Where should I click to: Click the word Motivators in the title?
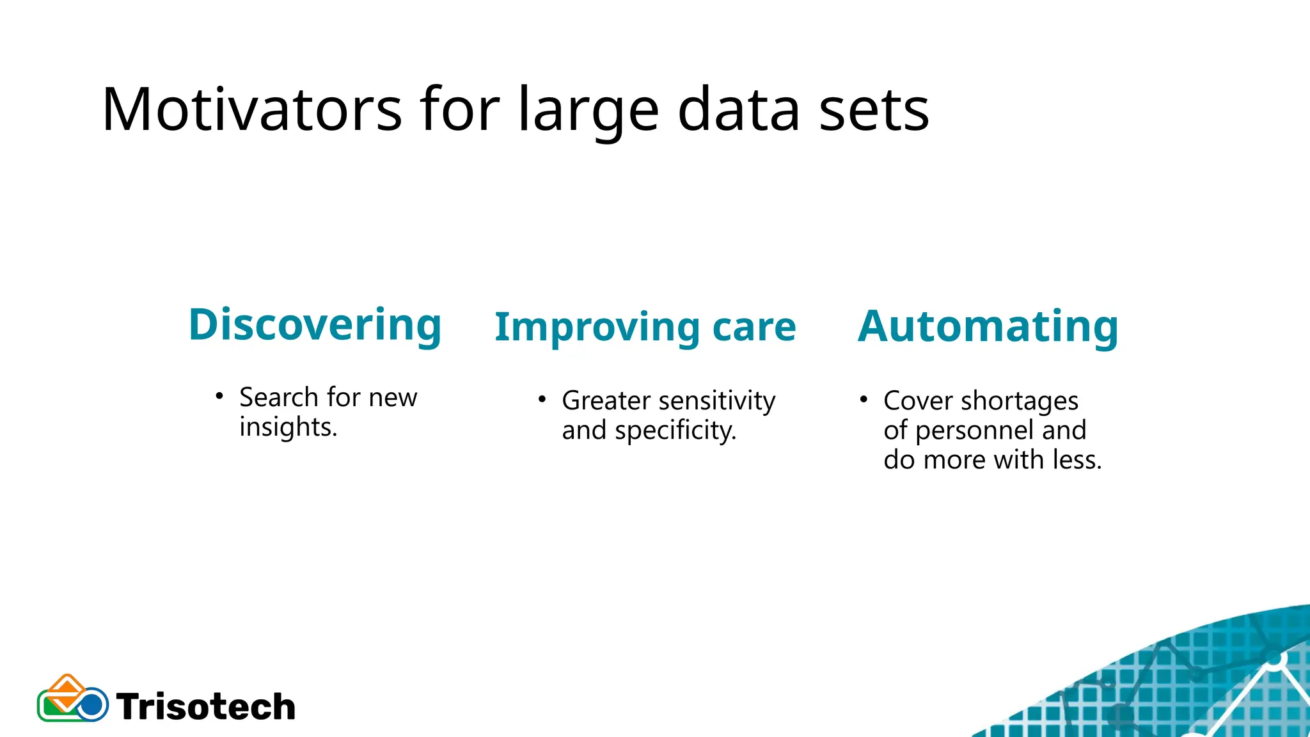(251, 110)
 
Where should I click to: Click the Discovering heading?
(315, 325)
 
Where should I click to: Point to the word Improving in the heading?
(597, 328)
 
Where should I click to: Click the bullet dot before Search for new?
(219, 396)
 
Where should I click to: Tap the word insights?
(288, 427)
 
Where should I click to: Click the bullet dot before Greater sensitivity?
(542, 399)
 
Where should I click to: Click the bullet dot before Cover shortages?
(864, 399)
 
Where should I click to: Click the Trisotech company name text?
(206, 707)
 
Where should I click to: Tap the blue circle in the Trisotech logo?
(92, 705)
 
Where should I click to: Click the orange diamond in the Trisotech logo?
(67, 687)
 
